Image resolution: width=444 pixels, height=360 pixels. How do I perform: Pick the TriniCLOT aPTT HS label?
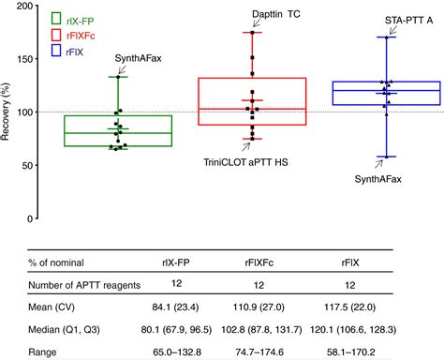[x=245, y=162]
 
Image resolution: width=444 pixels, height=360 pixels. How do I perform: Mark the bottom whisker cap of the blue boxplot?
[x=386, y=157]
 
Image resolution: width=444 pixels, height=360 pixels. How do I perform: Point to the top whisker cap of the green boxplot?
[x=118, y=77]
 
